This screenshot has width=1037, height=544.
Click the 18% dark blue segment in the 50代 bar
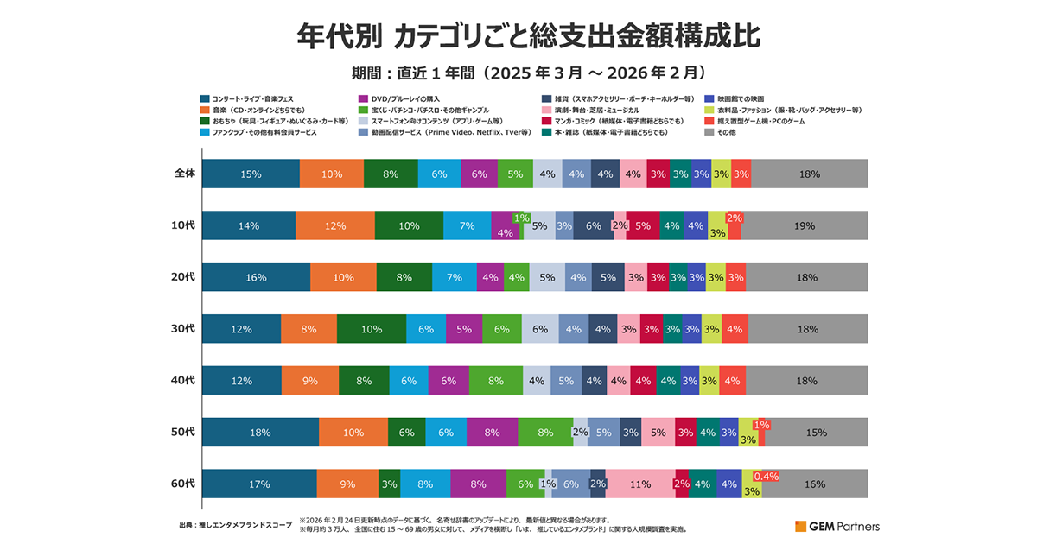coord(260,432)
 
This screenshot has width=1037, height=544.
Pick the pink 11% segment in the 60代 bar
coord(639,484)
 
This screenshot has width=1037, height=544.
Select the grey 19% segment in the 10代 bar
coord(804,225)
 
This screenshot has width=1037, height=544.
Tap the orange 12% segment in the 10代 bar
coord(334,225)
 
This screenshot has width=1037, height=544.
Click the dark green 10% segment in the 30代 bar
coord(372,329)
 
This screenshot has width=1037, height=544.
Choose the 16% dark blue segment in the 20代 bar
coord(256,277)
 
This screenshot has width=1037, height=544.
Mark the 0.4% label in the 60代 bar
coord(767,476)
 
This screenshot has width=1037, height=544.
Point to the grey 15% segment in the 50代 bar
coord(816,432)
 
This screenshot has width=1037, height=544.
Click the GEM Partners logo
coord(837,525)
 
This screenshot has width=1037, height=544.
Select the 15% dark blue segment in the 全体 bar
coord(251,174)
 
